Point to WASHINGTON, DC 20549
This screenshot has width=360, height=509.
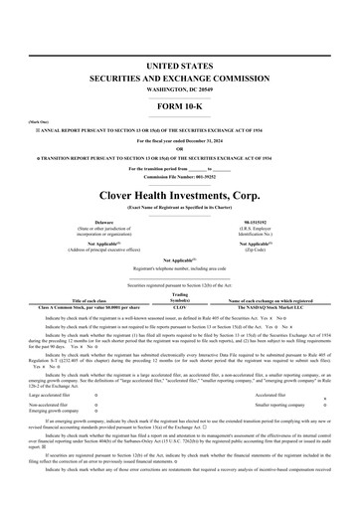[180, 87]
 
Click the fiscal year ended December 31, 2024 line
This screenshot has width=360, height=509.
[180, 141]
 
